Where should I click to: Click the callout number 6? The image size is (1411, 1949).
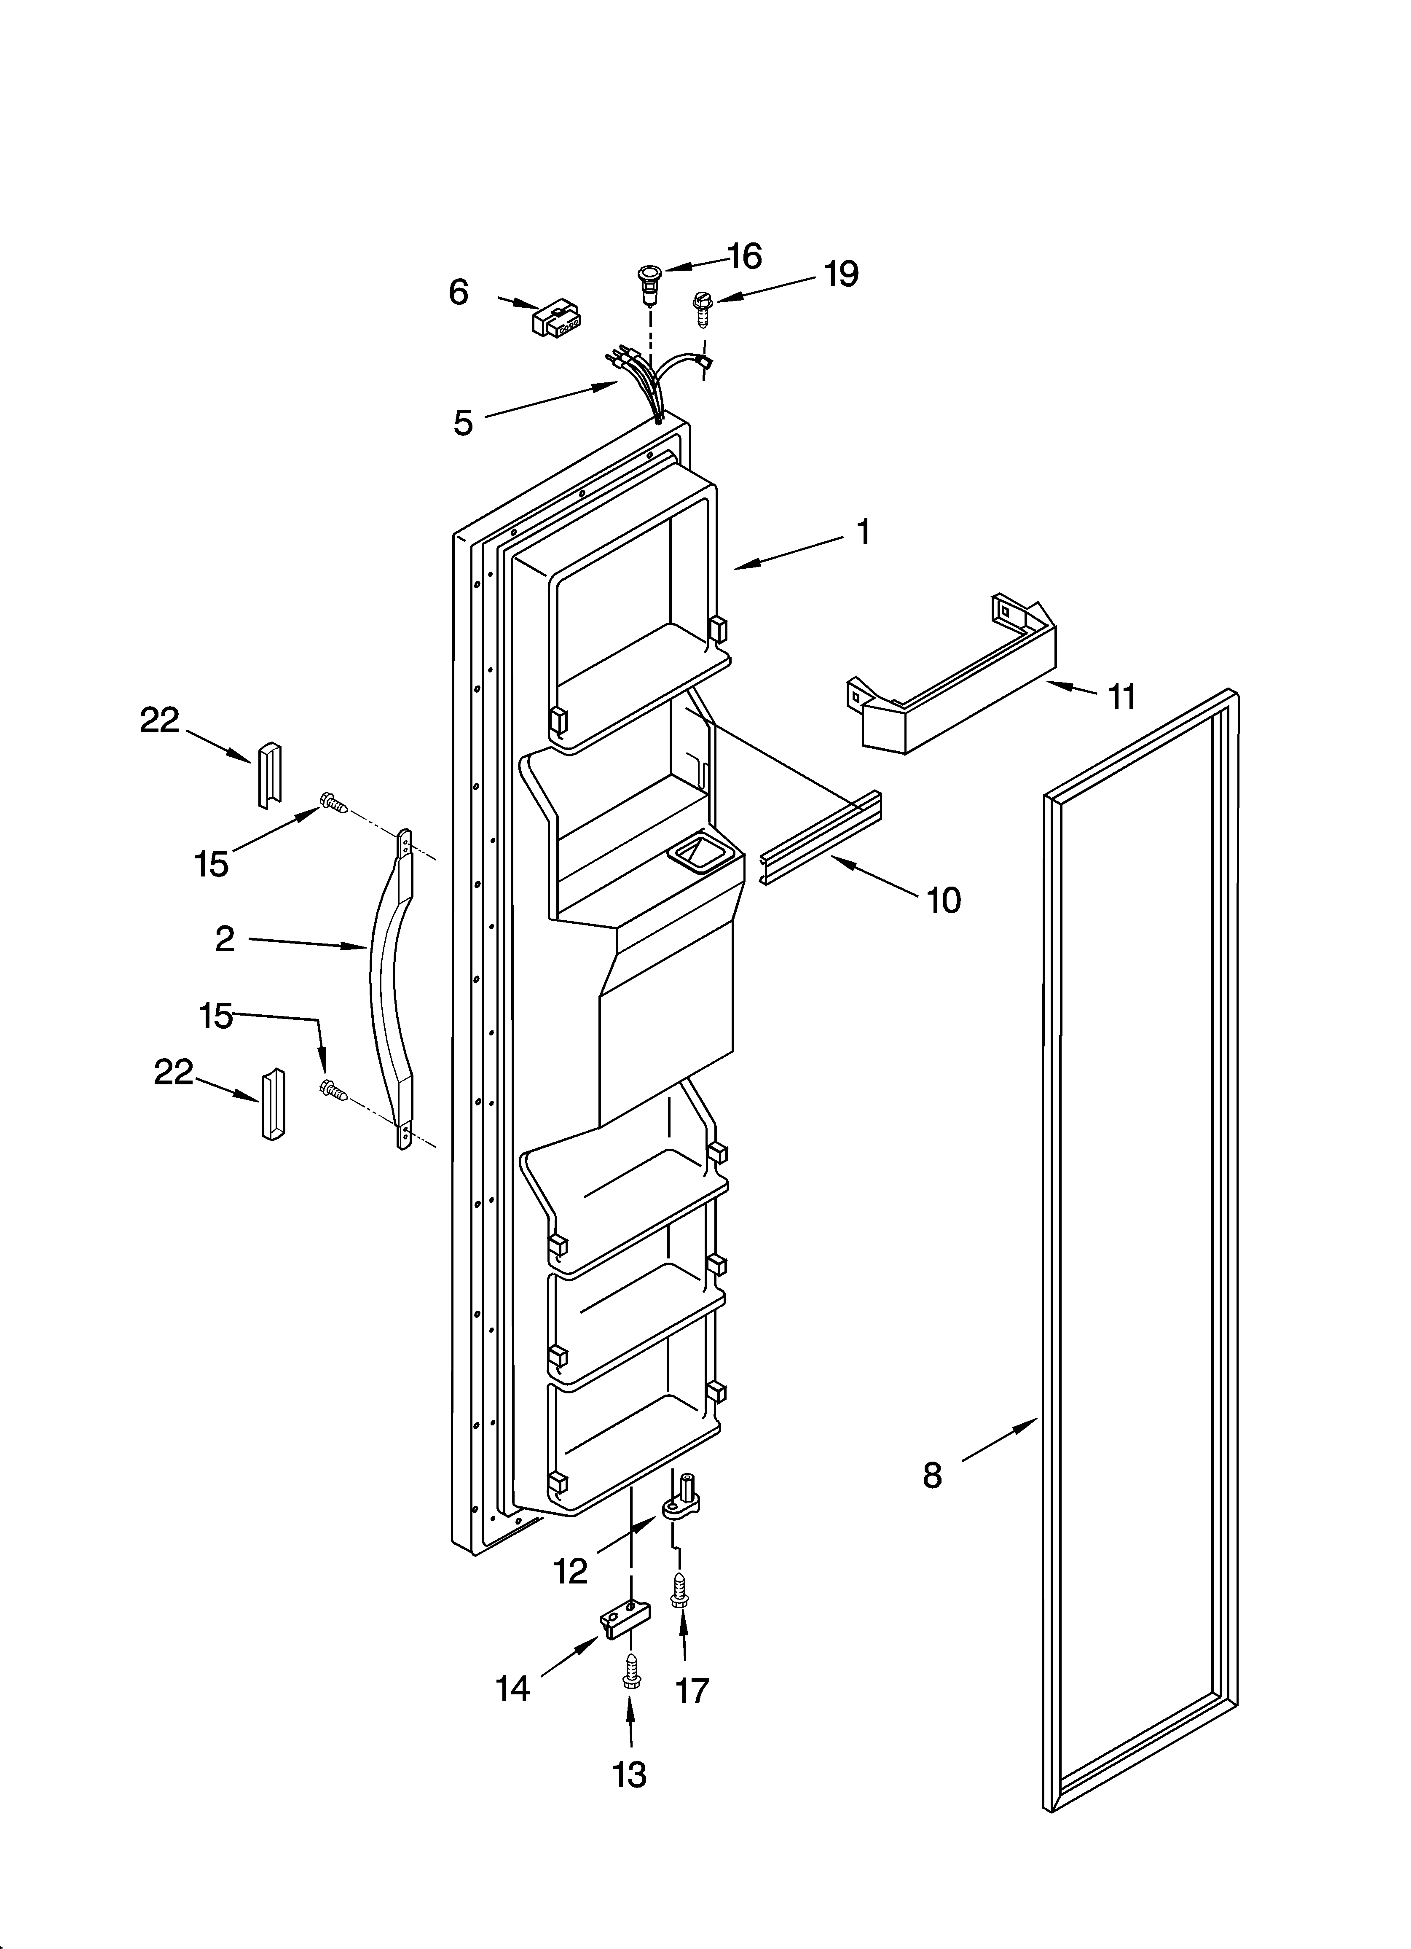pos(459,293)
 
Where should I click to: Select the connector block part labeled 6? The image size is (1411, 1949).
pos(557,320)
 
